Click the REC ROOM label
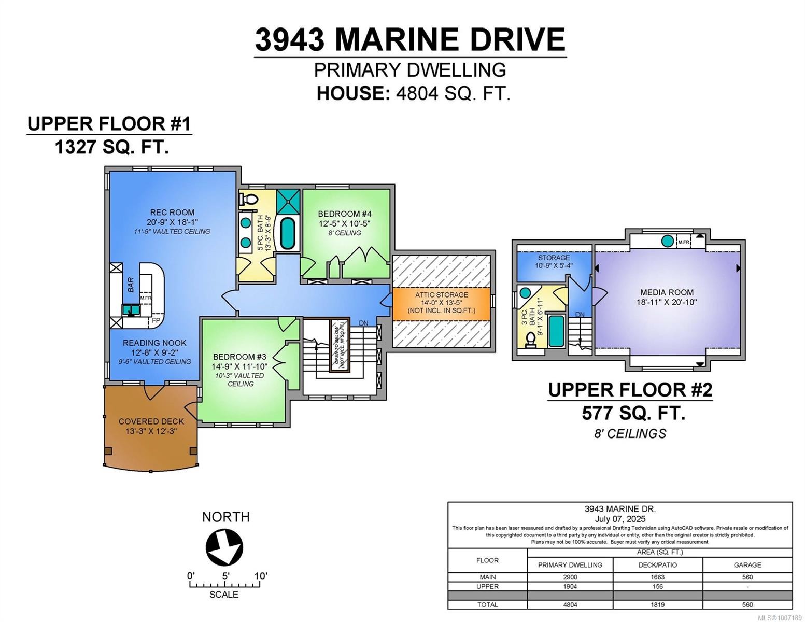click(172, 212)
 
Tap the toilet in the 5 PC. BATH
click(250, 199)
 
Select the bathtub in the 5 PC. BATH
click(287, 233)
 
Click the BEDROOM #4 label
click(345, 214)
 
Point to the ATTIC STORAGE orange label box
click(441, 303)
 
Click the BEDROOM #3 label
click(239, 357)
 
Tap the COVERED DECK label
click(151, 421)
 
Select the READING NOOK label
click(154, 343)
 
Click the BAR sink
click(130, 310)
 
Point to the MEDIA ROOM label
click(667, 292)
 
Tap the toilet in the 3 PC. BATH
click(530, 339)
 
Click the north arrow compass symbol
click(224, 547)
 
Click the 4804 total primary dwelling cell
click(570, 604)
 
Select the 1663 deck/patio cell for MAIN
click(657, 577)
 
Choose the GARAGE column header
click(747, 564)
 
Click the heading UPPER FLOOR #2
click(630, 390)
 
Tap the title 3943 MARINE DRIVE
click(410, 39)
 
